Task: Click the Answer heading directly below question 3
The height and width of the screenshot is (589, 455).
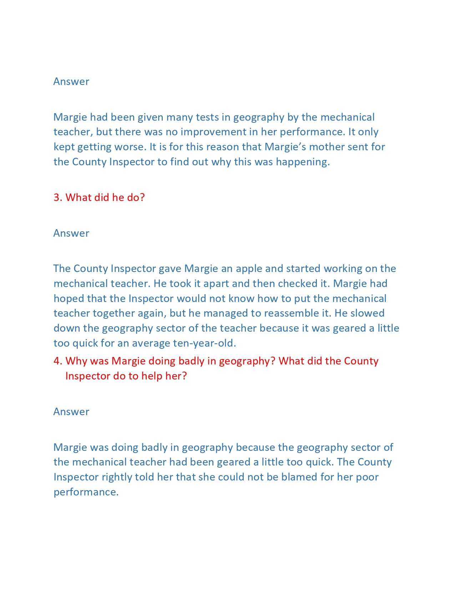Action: [x=71, y=233]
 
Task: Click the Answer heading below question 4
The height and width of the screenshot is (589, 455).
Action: [x=71, y=412]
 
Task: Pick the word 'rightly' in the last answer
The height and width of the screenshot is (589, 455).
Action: [x=117, y=477]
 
